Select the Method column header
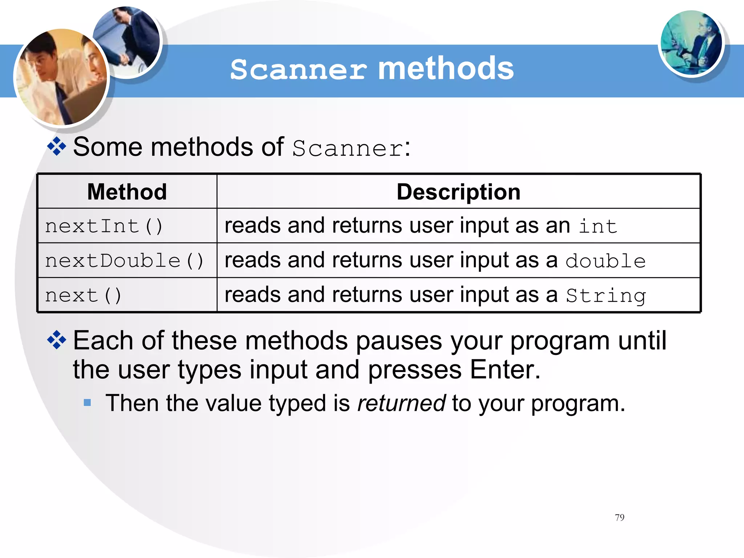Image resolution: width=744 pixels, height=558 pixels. (127, 191)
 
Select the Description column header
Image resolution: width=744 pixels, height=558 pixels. (458, 191)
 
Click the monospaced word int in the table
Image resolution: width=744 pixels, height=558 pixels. (598, 226)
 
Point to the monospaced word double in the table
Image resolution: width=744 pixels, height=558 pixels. (606, 261)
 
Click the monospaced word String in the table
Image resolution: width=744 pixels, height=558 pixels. (606, 295)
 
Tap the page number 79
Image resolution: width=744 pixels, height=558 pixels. (619, 517)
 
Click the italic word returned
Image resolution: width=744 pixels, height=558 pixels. (401, 403)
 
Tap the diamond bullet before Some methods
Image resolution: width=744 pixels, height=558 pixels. (57, 146)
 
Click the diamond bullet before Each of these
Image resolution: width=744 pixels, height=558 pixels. (57, 340)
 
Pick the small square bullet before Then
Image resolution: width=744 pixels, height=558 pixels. (87, 403)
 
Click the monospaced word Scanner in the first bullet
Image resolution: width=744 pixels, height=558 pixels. (348, 148)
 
